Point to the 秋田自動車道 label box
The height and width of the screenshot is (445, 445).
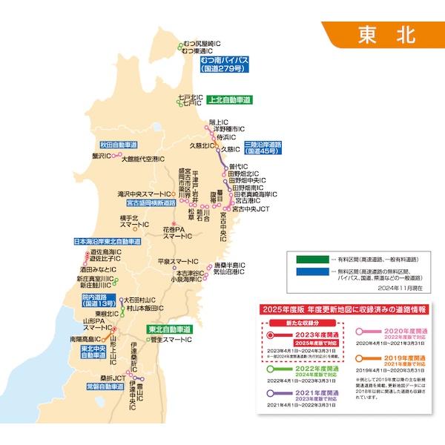coord(120,145)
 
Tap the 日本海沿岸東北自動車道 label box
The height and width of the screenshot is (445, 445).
coord(108,242)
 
